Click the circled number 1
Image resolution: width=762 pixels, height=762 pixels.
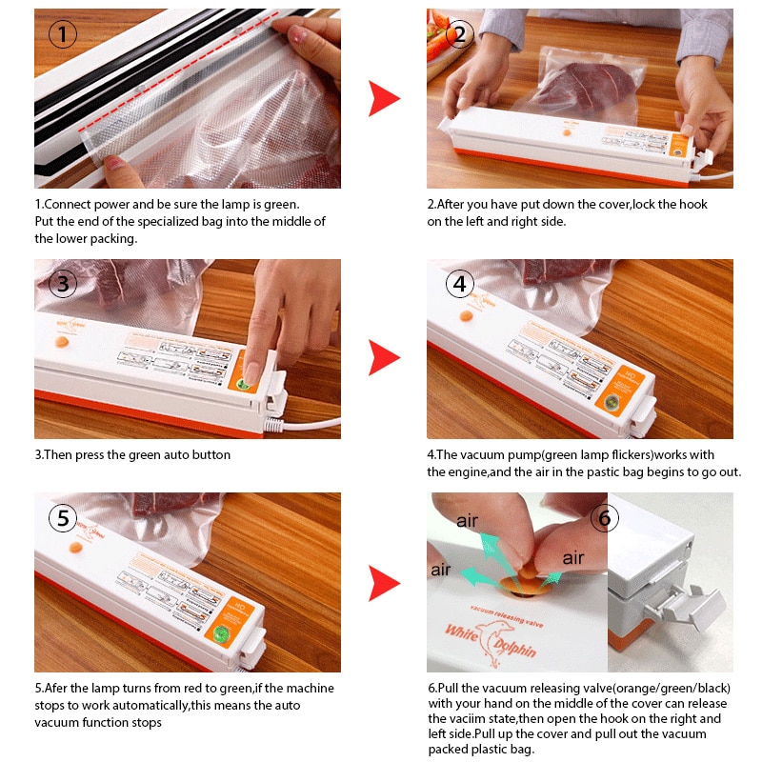[x=63, y=35]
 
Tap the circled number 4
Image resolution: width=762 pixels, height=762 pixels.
[x=459, y=283]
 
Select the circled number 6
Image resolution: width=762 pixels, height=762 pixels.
[x=605, y=518]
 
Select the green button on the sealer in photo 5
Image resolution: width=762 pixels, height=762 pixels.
[x=221, y=633]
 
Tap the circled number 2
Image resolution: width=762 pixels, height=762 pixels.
[x=459, y=35]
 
